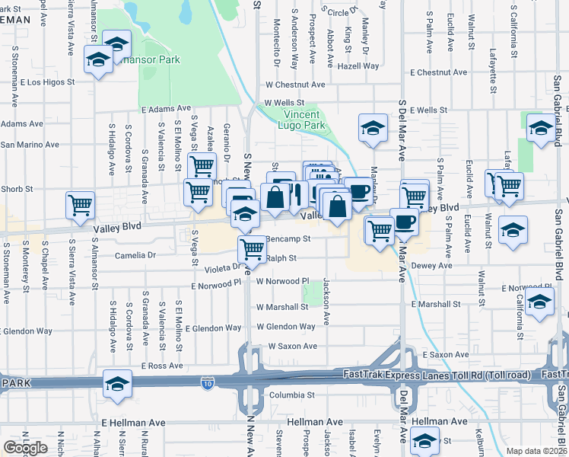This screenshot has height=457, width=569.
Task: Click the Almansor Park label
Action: pos(152,59)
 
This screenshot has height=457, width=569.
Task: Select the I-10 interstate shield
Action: pos(208,381)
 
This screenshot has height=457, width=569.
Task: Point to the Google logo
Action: pos(25,448)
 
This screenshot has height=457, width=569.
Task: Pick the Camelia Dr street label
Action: pos(135,256)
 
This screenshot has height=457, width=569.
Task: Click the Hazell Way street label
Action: pos(360,66)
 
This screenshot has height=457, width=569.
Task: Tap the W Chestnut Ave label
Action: pos(295,85)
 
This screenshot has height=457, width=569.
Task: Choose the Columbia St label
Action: pos(291,395)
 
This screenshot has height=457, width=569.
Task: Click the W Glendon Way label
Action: pos(285,327)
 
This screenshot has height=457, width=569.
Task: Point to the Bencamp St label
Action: pos(289,238)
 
